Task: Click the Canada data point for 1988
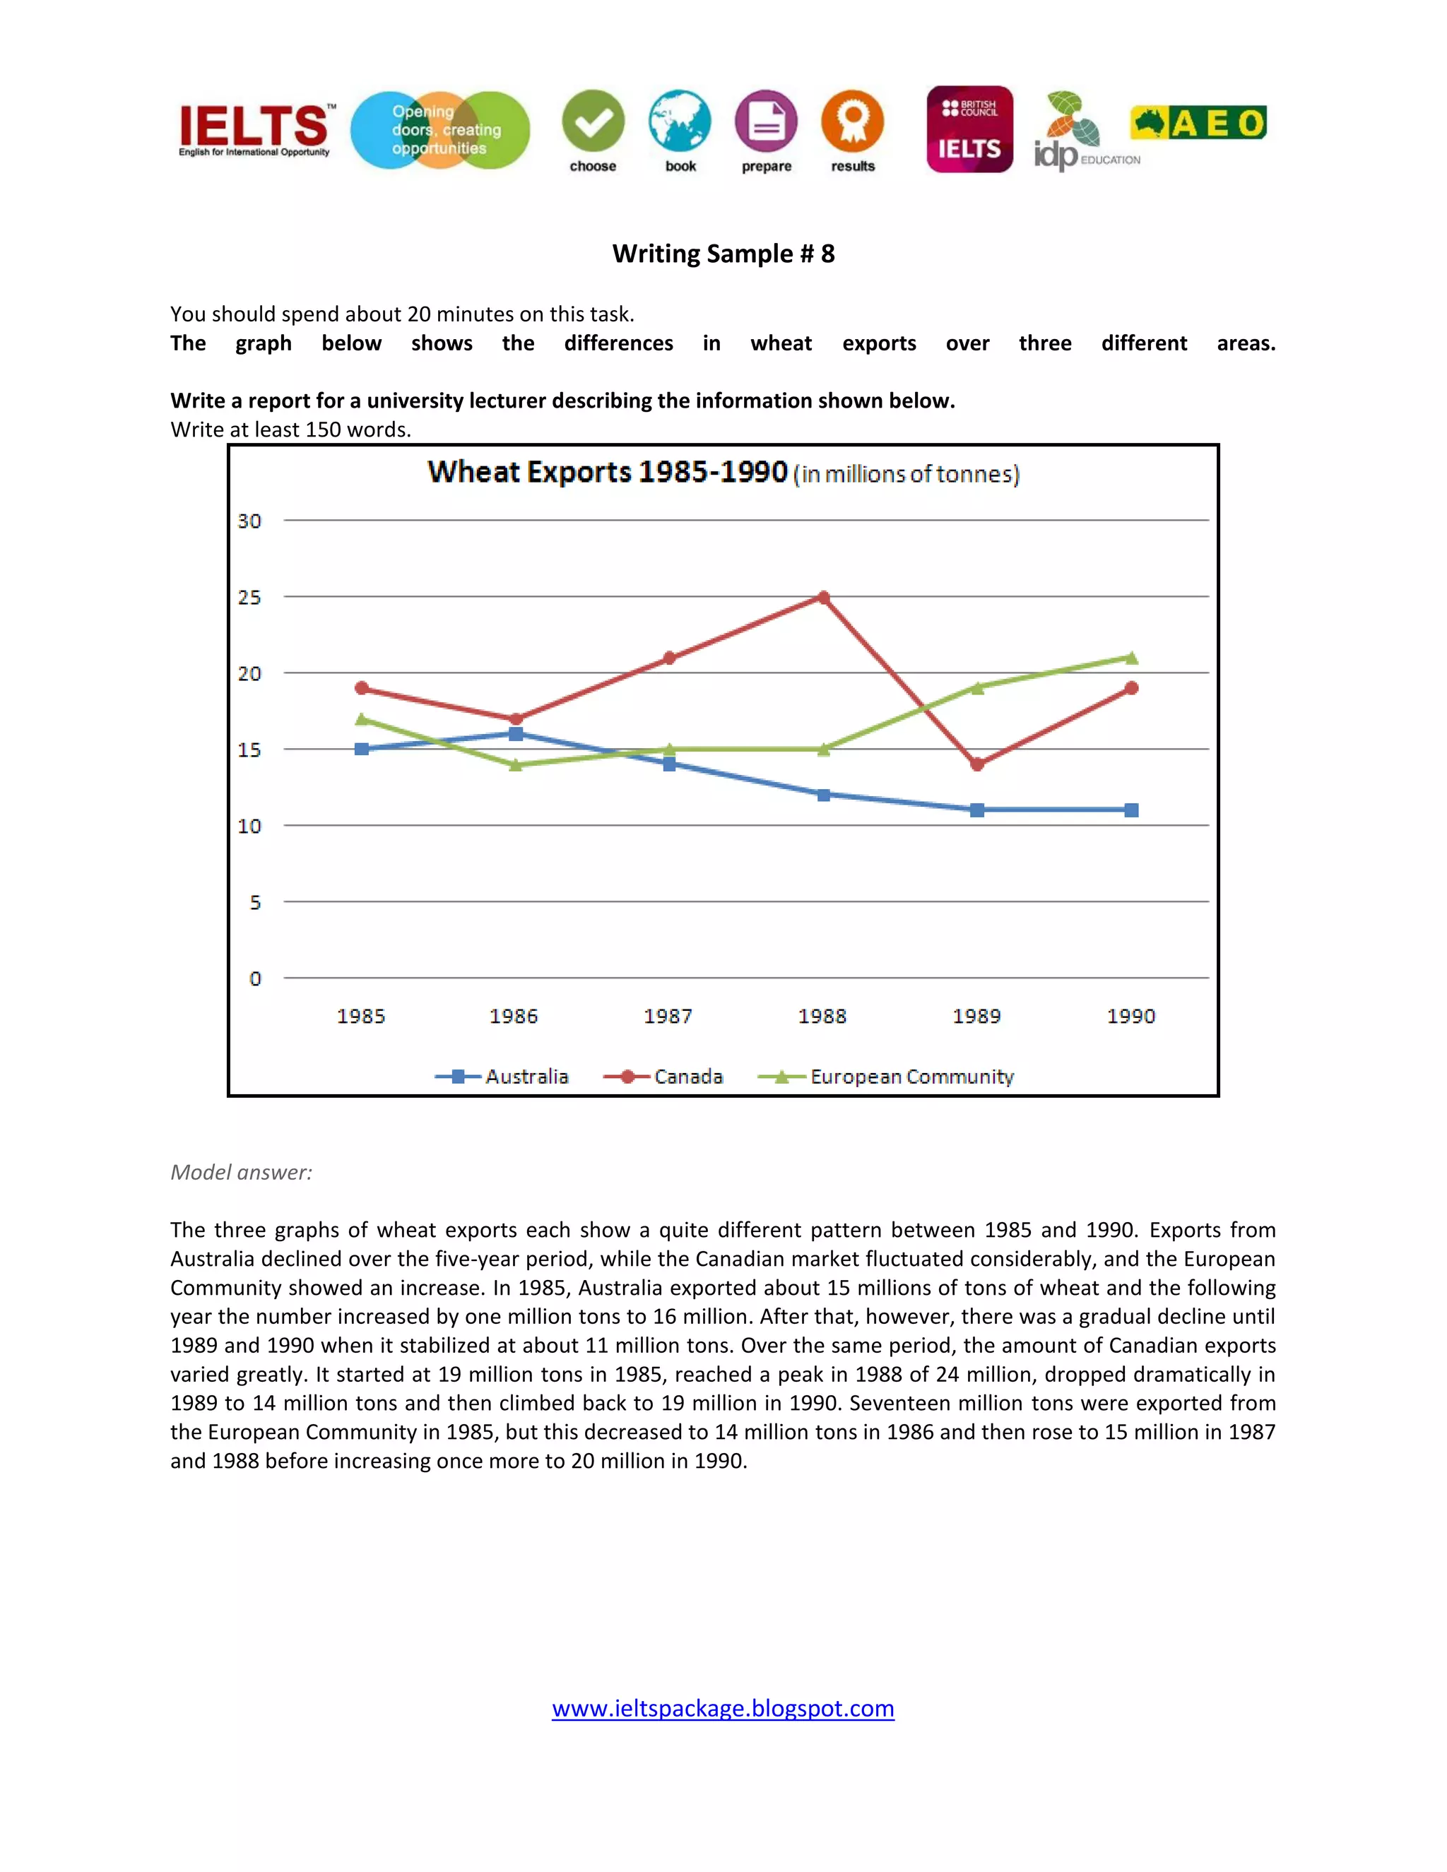824,598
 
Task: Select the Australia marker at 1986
516,734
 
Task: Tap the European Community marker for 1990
1132,658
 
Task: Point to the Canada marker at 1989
977,764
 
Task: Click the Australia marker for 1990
1132,810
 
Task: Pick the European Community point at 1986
516,764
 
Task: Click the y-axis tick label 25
249,598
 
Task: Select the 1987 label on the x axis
668,1017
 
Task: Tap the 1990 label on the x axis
1130,1017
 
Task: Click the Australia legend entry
502,1077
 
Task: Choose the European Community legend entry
887,1077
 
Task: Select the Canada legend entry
663,1077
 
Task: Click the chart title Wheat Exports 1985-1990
608,473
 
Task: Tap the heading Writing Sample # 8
723,254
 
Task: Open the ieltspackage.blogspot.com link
723,1708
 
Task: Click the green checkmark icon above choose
593,122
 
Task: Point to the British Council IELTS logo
969,129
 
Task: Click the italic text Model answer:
241,1173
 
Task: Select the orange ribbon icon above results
852,122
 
